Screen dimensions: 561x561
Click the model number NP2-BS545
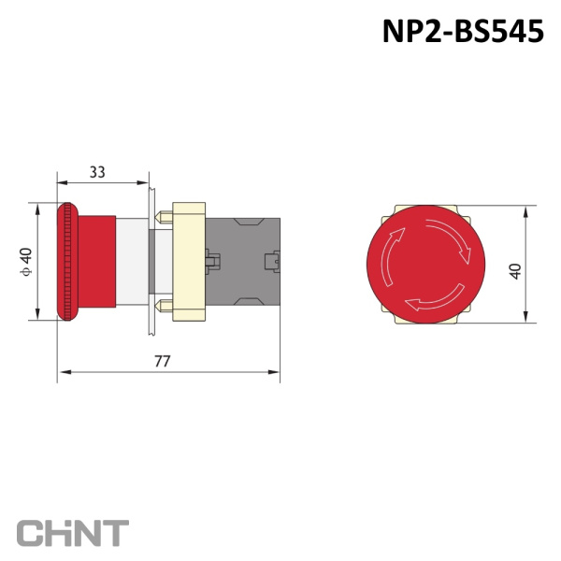(x=464, y=32)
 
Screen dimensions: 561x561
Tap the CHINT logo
(x=73, y=533)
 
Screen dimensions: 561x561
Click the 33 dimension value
(x=97, y=172)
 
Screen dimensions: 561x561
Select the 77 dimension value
(x=163, y=361)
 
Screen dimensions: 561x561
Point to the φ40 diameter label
(x=26, y=262)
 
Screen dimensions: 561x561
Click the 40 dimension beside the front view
(x=515, y=271)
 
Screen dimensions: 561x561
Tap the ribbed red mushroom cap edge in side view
(x=67, y=262)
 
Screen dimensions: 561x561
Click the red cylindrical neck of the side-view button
(x=96, y=262)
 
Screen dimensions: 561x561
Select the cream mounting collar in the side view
(x=189, y=262)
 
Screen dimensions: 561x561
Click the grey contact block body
(x=242, y=262)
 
